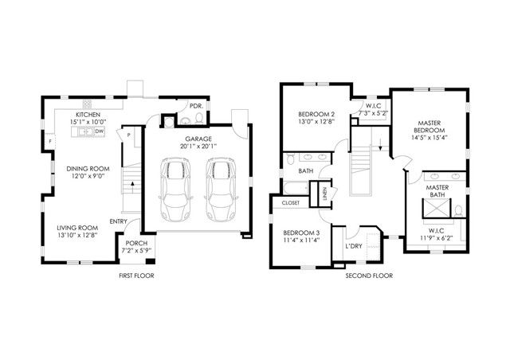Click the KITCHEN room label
[88, 114]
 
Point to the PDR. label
[194, 105]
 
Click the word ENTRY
[119, 221]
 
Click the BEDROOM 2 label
[311, 114]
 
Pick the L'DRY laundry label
[355, 247]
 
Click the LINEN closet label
[325, 193]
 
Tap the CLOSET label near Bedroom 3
[290, 203]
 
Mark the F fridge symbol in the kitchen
[50, 142]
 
